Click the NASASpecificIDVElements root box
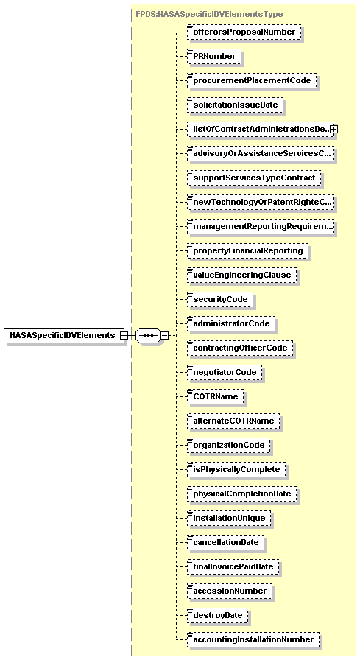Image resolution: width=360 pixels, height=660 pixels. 63,335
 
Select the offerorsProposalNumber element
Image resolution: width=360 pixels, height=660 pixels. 243,32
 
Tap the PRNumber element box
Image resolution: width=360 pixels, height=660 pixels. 214,57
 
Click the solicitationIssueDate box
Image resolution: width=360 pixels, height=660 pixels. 235,105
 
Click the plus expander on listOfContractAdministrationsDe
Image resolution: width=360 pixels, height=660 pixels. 333,130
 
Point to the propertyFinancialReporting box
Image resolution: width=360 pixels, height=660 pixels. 247,251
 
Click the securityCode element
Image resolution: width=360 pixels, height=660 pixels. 220,300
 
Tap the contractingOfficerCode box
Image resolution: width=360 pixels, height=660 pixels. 240,348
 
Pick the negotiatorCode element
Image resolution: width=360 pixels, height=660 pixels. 225,373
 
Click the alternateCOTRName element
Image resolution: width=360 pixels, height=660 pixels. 234,421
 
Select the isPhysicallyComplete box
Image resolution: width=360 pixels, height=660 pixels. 236,470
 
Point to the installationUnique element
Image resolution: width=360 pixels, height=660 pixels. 229,519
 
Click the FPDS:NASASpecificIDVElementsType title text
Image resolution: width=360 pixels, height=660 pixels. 209,14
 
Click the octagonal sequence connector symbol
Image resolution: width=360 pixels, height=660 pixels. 148,336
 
